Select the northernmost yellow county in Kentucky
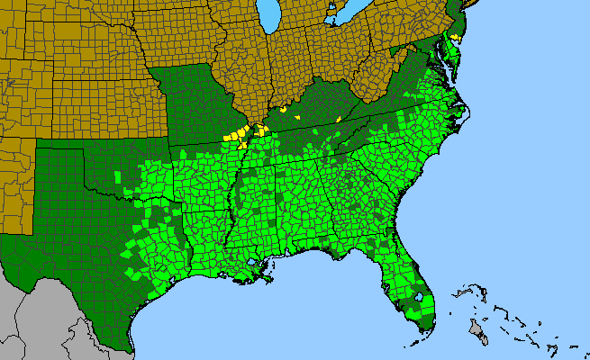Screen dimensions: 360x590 tap(284, 109)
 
